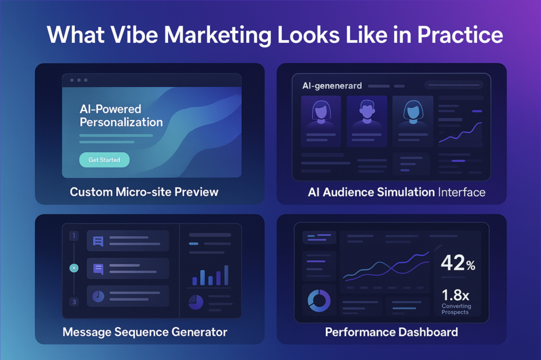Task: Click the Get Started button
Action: coord(104,160)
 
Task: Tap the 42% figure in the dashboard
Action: coord(458,263)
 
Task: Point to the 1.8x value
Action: coord(455,295)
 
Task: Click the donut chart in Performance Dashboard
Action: coord(319,301)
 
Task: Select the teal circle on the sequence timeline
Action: coord(74,268)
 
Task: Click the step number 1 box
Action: coord(74,236)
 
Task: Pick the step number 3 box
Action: coord(74,302)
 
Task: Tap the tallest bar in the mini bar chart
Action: coord(226,275)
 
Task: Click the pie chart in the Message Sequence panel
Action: coord(195,302)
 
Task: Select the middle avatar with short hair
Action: coord(367,112)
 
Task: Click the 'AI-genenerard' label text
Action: coord(332,86)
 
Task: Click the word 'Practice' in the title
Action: coord(460,35)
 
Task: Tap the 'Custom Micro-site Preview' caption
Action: coord(144,192)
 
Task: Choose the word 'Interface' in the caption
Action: coord(462,192)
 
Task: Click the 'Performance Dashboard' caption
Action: coord(391,332)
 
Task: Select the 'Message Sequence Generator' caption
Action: coord(145,332)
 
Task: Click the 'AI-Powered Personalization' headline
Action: coord(121,116)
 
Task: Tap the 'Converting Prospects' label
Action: coord(456,309)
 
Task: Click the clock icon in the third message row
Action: coord(98,296)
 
